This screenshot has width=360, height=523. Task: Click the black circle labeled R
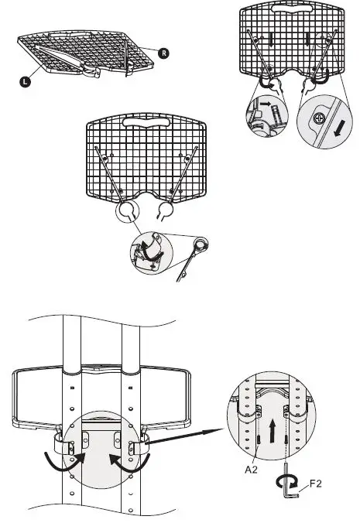click(163, 53)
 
